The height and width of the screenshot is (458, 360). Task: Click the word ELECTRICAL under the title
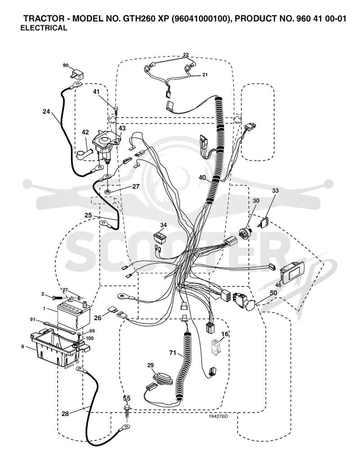tap(44, 28)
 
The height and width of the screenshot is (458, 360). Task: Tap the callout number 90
tap(66, 65)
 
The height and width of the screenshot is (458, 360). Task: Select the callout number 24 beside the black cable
tap(46, 111)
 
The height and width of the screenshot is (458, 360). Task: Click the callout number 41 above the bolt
tap(96, 92)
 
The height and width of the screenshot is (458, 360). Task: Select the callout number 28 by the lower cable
tap(65, 413)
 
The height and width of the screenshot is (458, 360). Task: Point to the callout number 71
tap(173, 353)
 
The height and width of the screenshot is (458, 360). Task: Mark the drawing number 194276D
tap(218, 416)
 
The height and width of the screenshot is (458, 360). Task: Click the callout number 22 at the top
tap(186, 54)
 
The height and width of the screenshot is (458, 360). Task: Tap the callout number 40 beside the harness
tap(202, 177)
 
